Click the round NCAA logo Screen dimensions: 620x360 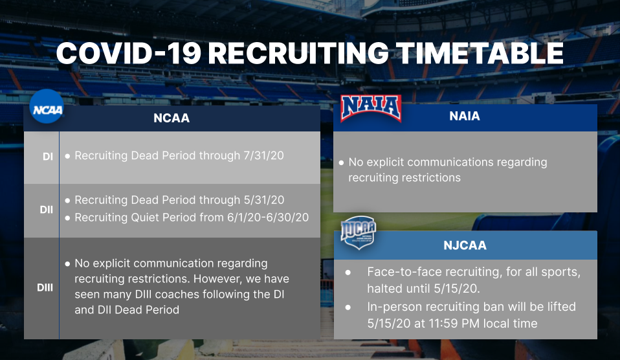47,106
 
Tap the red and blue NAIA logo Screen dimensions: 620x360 371,108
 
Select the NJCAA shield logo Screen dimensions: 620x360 359,232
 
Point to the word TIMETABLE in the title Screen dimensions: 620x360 479,53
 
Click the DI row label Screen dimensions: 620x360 48,157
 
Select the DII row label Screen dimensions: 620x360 46,210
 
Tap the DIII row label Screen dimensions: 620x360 45,287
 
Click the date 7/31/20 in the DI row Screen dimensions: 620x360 264,155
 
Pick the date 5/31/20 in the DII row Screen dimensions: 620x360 264,200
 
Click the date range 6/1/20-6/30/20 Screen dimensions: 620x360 268,217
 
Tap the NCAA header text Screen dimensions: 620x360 172,118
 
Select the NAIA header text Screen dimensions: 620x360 465,116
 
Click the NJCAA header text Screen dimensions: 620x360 465,245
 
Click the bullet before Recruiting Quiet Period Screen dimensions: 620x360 67,218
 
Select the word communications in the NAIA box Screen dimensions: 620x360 450,163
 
